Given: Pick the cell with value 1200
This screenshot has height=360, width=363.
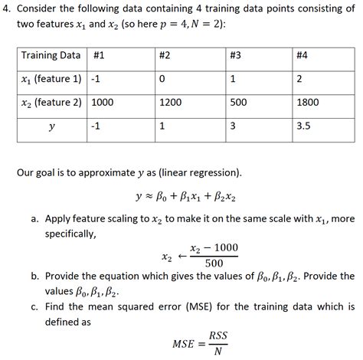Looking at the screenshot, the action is click(170, 102).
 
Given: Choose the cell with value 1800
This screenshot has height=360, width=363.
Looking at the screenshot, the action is click(309, 102).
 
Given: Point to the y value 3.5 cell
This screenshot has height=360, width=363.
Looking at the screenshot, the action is click(304, 126).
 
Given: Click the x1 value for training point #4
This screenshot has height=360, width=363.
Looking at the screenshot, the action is click(300, 79).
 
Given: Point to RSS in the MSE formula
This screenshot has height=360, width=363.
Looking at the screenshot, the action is click(218, 335).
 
